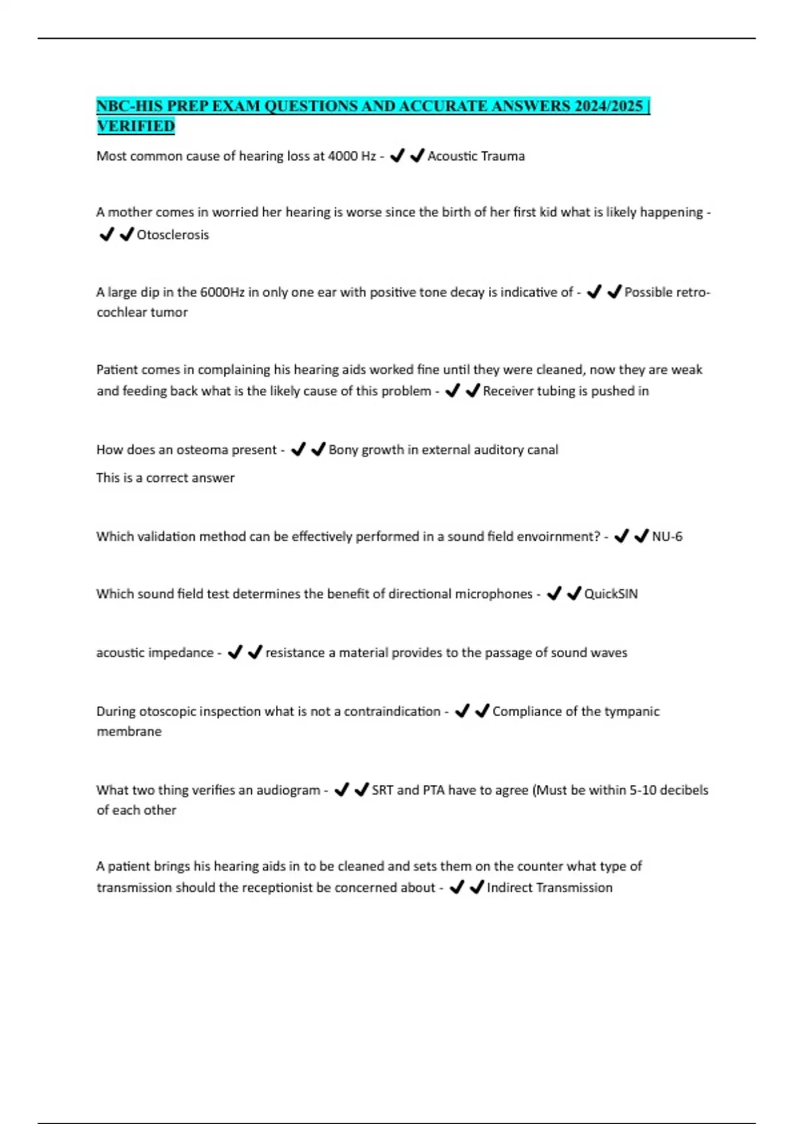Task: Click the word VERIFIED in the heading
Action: point(136,126)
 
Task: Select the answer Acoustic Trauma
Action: point(476,156)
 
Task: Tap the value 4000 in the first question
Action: point(343,156)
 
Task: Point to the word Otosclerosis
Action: point(173,235)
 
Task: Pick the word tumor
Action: point(169,312)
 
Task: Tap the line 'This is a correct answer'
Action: point(165,477)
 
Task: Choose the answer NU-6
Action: point(667,536)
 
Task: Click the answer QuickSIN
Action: point(611,594)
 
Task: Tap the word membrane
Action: point(129,731)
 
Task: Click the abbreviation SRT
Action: point(382,790)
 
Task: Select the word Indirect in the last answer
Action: point(508,887)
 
